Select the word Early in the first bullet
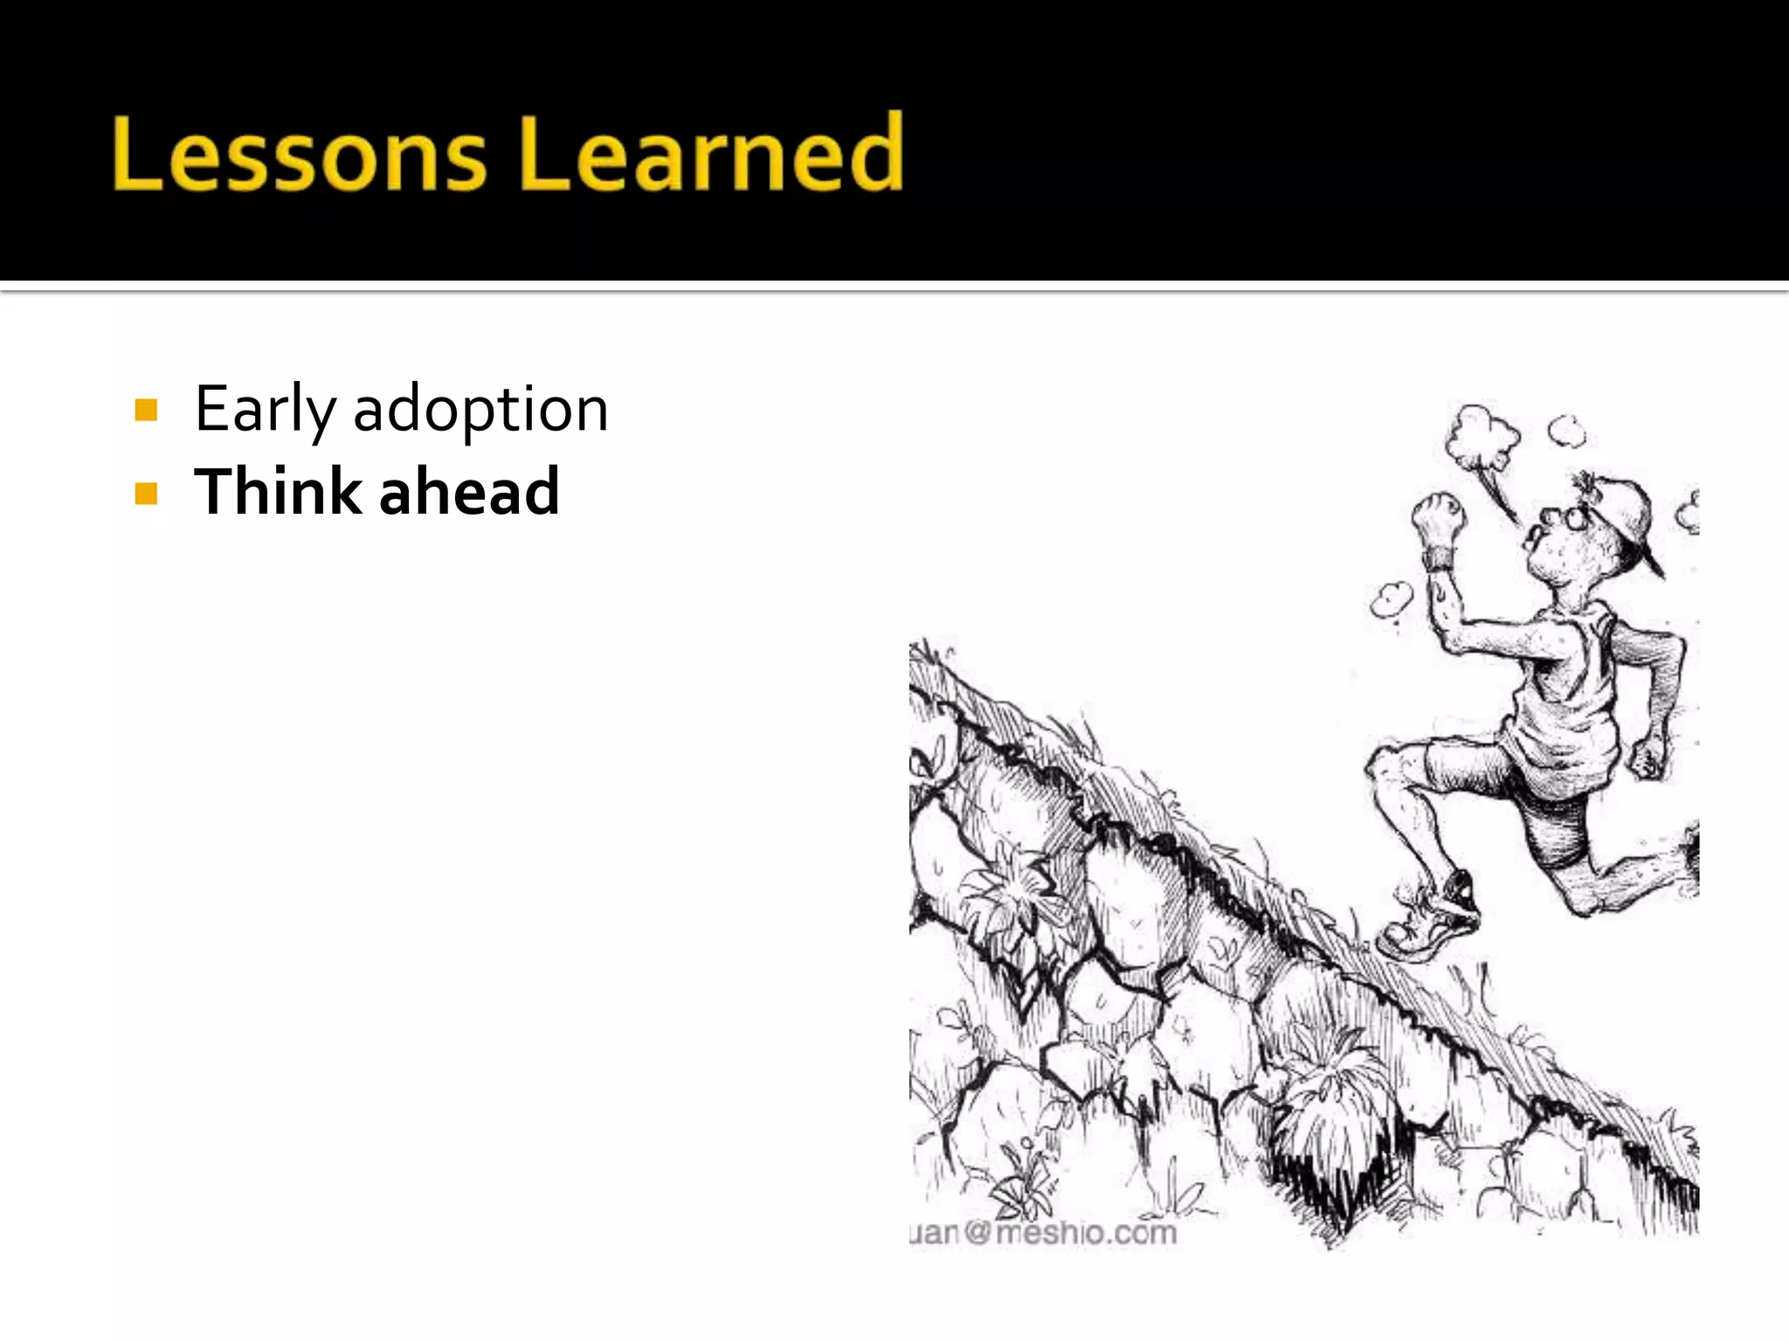265,409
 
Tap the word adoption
480,409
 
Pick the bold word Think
278,491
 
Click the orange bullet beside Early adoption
147,410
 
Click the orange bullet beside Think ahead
147,494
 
